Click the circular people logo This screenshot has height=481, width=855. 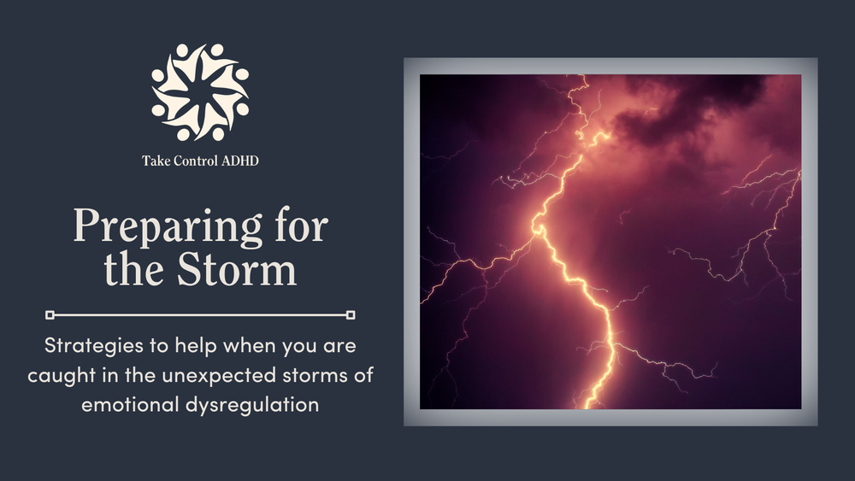(x=200, y=92)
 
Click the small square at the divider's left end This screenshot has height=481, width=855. (x=50, y=314)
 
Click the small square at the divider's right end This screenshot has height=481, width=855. (x=351, y=314)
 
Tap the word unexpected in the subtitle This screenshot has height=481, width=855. (x=233, y=377)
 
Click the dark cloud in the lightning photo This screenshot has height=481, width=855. (x=684, y=111)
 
